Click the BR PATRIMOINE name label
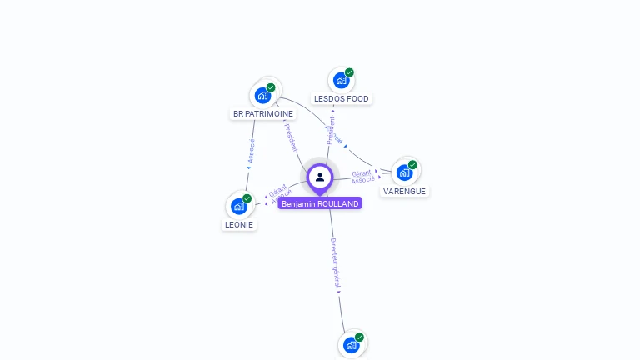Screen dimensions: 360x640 click(x=263, y=113)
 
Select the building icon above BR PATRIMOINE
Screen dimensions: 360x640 click(x=263, y=95)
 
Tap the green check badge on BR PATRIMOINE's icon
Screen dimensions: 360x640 click(x=271, y=87)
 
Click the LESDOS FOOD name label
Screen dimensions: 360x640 click(x=341, y=98)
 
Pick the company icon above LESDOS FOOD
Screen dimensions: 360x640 click(x=341, y=81)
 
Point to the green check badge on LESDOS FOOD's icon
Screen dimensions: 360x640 click(x=349, y=72)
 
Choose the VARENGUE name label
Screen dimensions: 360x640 click(x=404, y=191)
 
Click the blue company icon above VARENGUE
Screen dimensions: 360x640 click(x=404, y=172)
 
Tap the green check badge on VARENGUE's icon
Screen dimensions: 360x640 click(x=412, y=165)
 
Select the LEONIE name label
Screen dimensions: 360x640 click(x=239, y=224)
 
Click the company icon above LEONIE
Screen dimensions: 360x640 click(x=239, y=206)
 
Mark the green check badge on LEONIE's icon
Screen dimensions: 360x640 click(x=247, y=198)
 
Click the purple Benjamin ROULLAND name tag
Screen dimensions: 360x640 click(x=320, y=203)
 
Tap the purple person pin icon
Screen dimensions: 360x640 click(x=320, y=177)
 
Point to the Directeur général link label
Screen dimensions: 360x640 click(x=335, y=264)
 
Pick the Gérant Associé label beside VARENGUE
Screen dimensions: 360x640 click(x=362, y=176)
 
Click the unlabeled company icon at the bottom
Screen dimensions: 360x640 click(x=351, y=344)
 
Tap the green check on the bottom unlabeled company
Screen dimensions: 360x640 click(x=359, y=337)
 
